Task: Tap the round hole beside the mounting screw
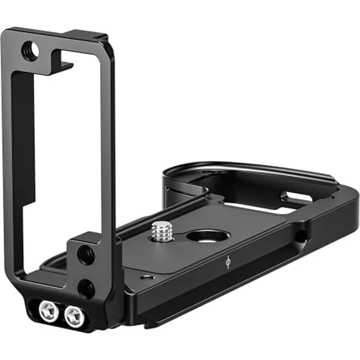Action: [207, 236]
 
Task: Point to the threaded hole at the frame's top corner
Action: [30, 51]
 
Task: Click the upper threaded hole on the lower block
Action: [87, 254]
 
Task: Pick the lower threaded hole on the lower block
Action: [87, 288]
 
